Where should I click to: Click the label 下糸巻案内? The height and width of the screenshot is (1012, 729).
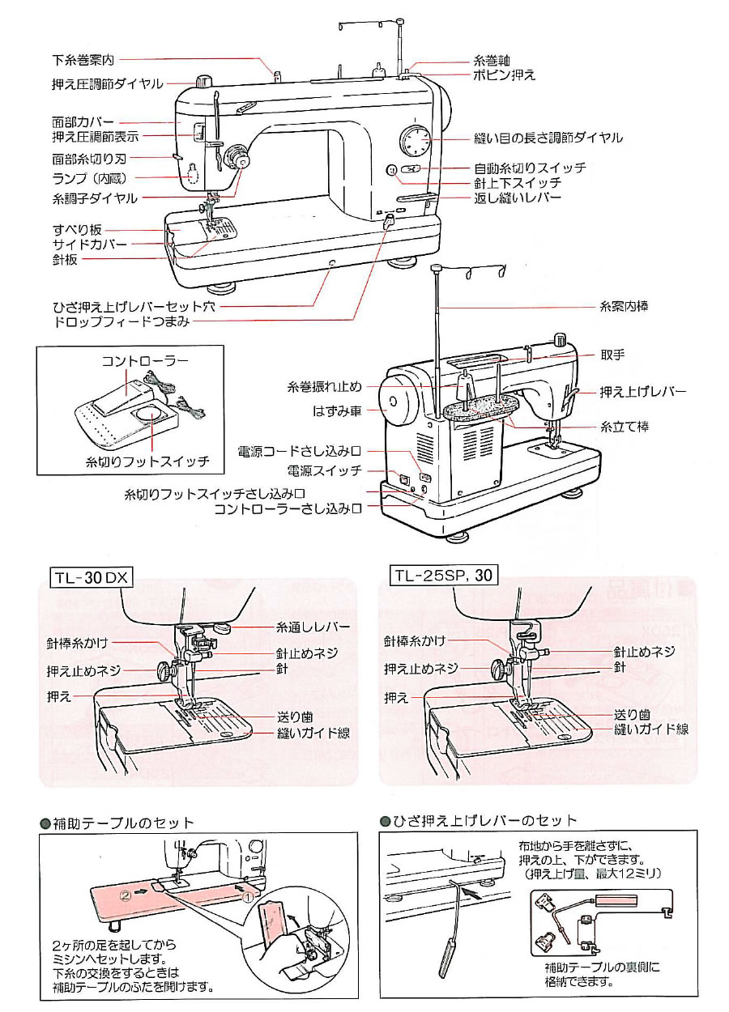point(85,60)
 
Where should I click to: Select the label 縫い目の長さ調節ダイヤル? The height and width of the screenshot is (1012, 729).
point(548,138)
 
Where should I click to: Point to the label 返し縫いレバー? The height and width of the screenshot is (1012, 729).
point(517,198)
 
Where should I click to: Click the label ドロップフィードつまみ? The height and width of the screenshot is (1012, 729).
point(121,321)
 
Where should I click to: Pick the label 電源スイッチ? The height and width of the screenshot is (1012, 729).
point(324,470)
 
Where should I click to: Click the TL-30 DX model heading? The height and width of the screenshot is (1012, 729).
point(92,577)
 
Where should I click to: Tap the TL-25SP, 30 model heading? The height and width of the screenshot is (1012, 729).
point(443,576)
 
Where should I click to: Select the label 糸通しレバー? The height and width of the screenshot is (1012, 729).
point(313,627)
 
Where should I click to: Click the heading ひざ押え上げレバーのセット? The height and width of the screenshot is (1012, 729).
point(484,821)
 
